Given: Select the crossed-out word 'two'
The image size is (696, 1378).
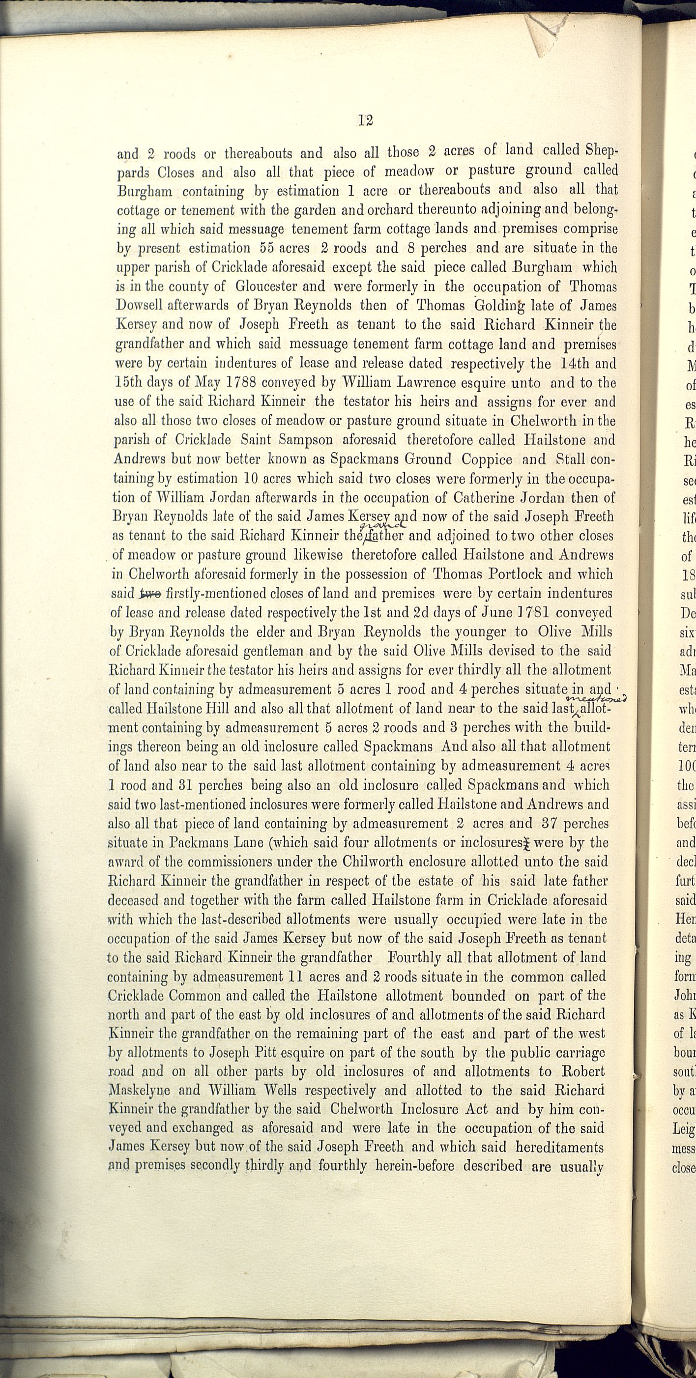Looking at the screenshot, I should (x=150, y=593).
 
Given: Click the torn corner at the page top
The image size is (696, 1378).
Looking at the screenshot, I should (x=543, y=35).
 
